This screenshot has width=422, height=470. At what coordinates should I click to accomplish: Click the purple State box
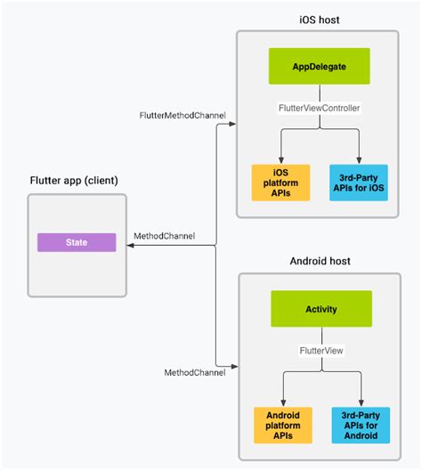77,241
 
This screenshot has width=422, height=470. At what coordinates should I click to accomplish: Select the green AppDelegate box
319,67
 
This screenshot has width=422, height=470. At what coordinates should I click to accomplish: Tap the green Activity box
319,309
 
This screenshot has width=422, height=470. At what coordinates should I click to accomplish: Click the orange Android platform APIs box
282,425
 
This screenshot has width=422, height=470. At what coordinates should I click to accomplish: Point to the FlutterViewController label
319,108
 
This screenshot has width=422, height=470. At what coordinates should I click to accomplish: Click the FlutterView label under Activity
320,351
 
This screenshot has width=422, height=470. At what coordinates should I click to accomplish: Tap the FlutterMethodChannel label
183,116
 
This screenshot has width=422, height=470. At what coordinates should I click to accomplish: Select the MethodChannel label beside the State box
164,236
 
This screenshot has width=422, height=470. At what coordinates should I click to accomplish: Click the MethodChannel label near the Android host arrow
195,371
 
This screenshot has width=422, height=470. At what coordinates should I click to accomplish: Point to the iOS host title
319,20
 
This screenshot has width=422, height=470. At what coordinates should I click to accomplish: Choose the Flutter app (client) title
73,181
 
